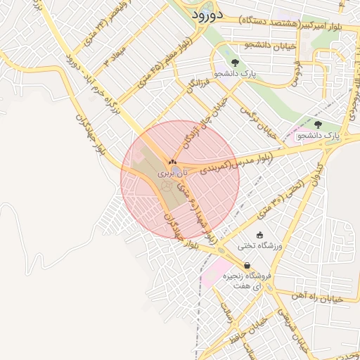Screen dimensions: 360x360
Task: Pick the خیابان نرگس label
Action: pos(256,119)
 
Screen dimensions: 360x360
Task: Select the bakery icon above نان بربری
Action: pos(172,162)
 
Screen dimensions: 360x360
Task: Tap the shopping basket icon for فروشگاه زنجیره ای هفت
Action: pos(247,265)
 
